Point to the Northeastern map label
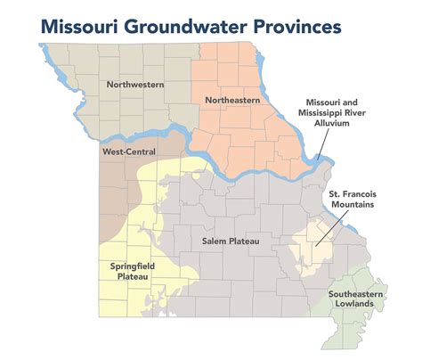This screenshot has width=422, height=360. tap(234, 100)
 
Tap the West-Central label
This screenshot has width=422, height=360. tap(123, 152)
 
